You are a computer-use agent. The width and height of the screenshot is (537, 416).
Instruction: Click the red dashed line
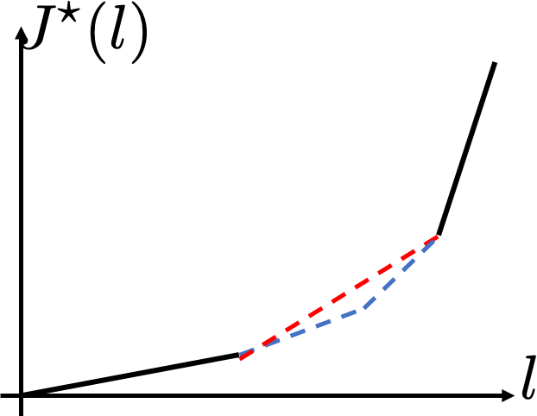click(x=338, y=296)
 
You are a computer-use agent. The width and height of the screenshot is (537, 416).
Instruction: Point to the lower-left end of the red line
click(x=240, y=360)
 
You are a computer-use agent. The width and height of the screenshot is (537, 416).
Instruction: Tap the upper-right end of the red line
click(x=439, y=235)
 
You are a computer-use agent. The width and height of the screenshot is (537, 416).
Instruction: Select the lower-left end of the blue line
click(x=240, y=354)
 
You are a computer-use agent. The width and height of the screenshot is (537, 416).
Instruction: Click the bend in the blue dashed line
click(x=363, y=309)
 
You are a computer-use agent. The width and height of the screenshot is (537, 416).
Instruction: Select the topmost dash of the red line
click(x=433, y=238)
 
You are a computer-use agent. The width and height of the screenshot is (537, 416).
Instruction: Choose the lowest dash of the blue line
click(x=247, y=351)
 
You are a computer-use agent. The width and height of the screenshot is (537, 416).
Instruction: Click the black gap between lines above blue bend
click(x=361, y=296)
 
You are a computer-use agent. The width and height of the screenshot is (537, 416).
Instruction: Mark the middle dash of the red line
click(x=338, y=296)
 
